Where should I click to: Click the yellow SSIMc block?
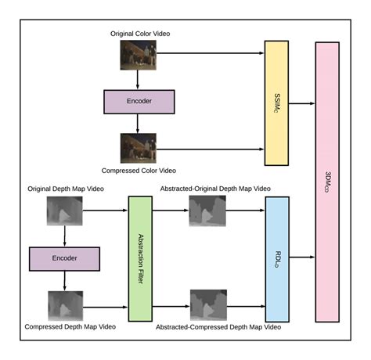coord(276,102)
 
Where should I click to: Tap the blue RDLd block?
coord(277,259)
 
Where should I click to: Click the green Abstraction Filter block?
coord(139,259)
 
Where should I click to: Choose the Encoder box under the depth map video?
coord(64,258)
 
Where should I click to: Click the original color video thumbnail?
coord(138,55)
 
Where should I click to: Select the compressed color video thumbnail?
coord(138,147)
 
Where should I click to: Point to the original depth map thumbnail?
coord(64,211)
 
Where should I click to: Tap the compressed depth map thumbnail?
coord(64,305)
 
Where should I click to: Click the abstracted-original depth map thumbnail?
coord(207,211)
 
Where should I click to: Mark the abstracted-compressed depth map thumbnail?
coord(207,305)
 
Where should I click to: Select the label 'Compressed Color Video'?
coord(139,170)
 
